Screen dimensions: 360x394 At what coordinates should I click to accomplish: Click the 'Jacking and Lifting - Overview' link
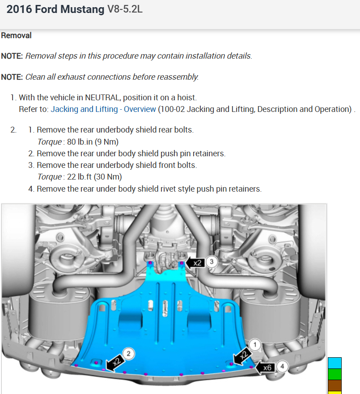click(x=103, y=109)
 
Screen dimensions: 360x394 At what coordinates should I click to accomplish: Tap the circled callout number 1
click(x=255, y=345)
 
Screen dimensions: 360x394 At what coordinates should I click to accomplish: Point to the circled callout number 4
click(x=282, y=367)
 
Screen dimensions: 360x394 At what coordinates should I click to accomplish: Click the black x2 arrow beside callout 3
click(x=195, y=263)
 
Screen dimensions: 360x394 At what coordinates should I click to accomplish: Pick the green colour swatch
click(x=335, y=374)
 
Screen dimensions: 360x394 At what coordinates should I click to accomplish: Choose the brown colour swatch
click(x=335, y=385)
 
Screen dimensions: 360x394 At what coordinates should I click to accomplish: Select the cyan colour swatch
click(x=335, y=363)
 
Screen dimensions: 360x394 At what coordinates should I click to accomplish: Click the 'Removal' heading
click(x=16, y=35)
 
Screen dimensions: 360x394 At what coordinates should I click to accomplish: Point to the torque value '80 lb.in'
click(x=78, y=142)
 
